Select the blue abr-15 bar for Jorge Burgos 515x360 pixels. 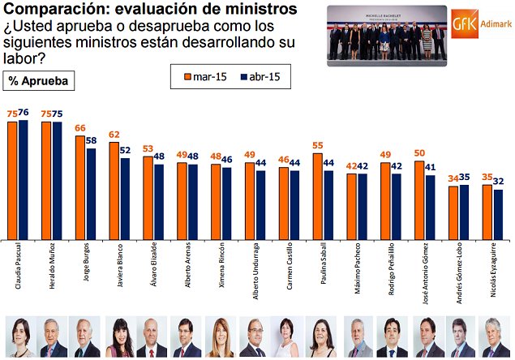point(92,194)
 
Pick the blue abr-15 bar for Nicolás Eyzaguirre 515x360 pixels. point(498,214)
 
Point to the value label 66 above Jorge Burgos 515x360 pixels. point(80,128)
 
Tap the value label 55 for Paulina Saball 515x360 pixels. point(318,145)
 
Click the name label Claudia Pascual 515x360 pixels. point(18,272)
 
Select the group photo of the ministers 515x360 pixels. point(387,35)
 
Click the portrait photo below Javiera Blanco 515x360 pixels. point(120,337)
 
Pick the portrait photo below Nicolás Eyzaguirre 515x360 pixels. point(492,337)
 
